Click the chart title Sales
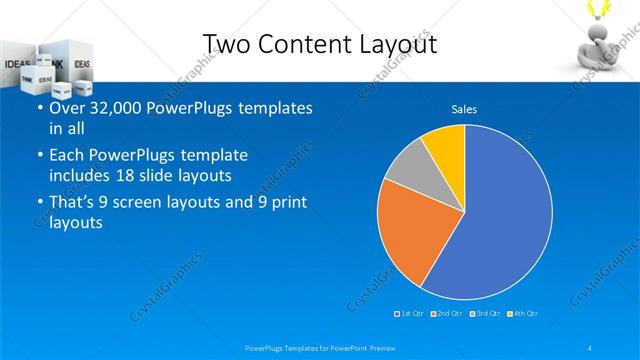[x=464, y=108]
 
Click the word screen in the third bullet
[x=157, y=202]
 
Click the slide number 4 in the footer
[x=590, y=347]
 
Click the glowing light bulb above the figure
[x=604, y=8]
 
